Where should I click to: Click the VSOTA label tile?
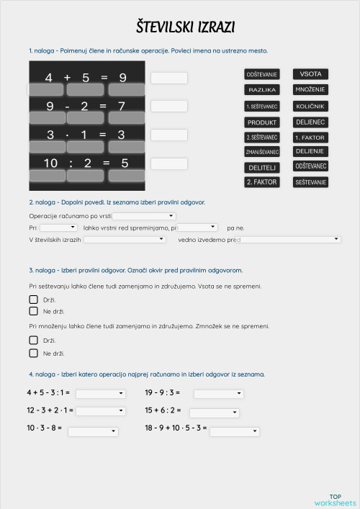(x=310, y=74)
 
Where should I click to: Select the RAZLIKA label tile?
(x=262, y=90)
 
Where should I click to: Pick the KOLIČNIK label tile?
(x=310, y=106)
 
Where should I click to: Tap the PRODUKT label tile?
(x=262, y=122)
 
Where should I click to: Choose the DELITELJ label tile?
(x=262, y=167)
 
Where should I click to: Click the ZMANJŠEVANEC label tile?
(x=262, y=152)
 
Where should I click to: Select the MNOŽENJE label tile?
(x=310, y=90)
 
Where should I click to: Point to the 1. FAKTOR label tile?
(x=310, y=137)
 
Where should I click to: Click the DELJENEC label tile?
(x=310, y=122)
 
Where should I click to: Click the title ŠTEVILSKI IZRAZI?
(x=185, y=27)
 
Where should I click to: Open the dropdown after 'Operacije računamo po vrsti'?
(x=145, y=216)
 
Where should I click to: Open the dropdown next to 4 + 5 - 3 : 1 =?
(x=100, y=394)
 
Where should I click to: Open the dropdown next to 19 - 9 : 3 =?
(x=219, y=394)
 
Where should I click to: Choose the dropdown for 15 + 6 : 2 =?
(x=215, y=413)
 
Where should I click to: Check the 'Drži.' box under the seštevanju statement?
(x=33, y=299)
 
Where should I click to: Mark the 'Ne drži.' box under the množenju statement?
(x=33, y=353)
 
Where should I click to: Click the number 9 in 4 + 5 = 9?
(x=122, y=77)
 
